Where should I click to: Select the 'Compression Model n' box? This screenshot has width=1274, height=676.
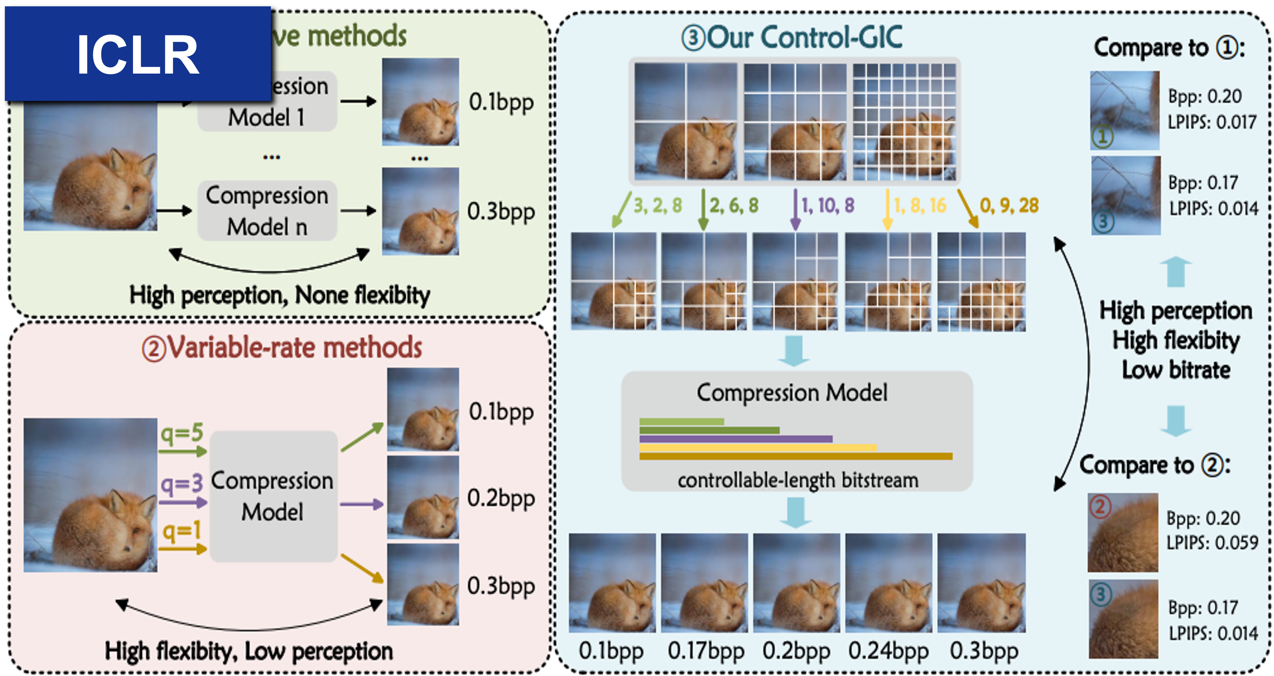[x=267, y=211]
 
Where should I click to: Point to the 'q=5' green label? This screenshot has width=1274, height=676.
[x=182, y=434]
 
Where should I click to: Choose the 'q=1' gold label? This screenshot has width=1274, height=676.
[x=182, y=531]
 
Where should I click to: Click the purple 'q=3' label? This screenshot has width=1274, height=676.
[x=182, y=483]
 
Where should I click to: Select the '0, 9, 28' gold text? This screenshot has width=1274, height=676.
[x=1009, y=205]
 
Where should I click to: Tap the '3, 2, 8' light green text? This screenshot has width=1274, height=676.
[x=658, y=205]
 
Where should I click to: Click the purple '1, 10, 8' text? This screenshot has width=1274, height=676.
[x=827, y=205]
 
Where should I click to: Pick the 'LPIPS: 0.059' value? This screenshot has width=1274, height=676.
[x=1212, y=543]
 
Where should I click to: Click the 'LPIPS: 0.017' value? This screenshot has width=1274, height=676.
[x=1212, y=122]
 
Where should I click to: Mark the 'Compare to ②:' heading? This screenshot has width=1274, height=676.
[x=1155, y=465]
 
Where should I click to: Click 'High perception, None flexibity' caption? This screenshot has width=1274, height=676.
[x=279, y=295]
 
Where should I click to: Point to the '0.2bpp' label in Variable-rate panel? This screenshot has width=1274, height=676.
[x=501, y=498]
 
